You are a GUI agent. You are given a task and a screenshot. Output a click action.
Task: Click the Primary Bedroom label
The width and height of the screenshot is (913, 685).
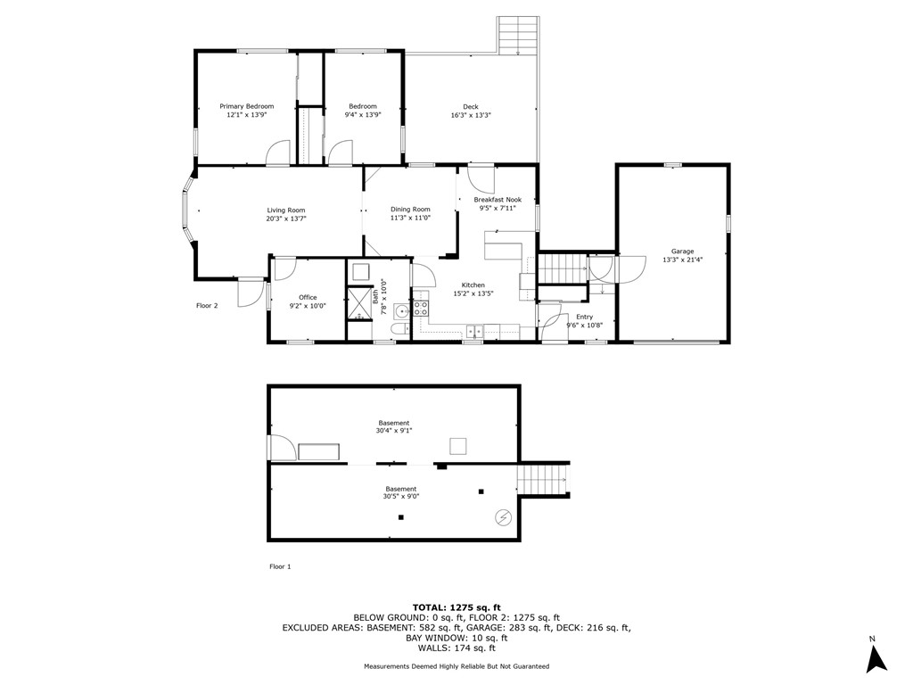point(246,106)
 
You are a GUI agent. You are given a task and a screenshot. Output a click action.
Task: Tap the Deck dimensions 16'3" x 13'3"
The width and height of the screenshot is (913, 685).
point(471,115)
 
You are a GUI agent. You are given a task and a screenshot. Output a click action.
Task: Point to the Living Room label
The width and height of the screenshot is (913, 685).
point(285,210)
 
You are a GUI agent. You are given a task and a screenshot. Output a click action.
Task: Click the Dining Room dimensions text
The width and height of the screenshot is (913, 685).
point(410,218)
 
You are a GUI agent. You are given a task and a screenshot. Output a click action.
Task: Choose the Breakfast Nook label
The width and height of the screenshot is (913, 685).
point(498,200)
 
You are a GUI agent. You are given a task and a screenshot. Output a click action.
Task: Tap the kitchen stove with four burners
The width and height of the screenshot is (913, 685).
point(421,309)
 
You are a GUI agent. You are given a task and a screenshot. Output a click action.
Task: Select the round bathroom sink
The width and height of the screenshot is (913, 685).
point(400,311)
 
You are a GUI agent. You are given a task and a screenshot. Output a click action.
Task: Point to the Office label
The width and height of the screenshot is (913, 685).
point(308,298)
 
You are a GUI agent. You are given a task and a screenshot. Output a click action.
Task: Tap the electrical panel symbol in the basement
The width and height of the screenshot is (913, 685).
point(504,516)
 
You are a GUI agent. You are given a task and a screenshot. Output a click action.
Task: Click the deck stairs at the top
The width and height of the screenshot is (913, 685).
point(518,36)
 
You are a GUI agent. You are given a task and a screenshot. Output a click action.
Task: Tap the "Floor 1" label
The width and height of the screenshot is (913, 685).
point(280,566)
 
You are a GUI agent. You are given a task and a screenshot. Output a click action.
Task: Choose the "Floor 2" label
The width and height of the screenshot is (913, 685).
point(207,306)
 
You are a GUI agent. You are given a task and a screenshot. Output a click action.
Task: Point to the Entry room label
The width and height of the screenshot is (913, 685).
point(584,317)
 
